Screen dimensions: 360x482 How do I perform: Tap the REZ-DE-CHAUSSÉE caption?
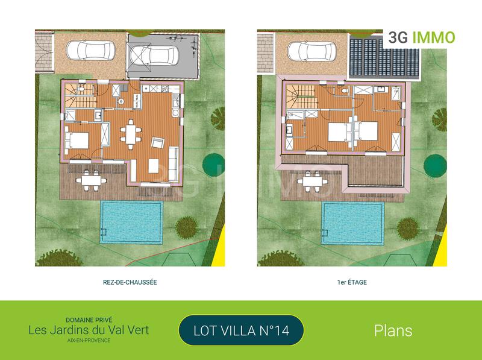(x=130, y=282)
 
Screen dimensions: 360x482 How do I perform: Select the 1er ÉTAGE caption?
(x=353, y=282)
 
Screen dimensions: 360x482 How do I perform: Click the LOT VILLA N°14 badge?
(x=241, y=330)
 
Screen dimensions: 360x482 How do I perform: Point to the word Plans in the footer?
(x=393, y=330)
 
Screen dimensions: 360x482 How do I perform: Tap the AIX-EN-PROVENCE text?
(x=89, y=341)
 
